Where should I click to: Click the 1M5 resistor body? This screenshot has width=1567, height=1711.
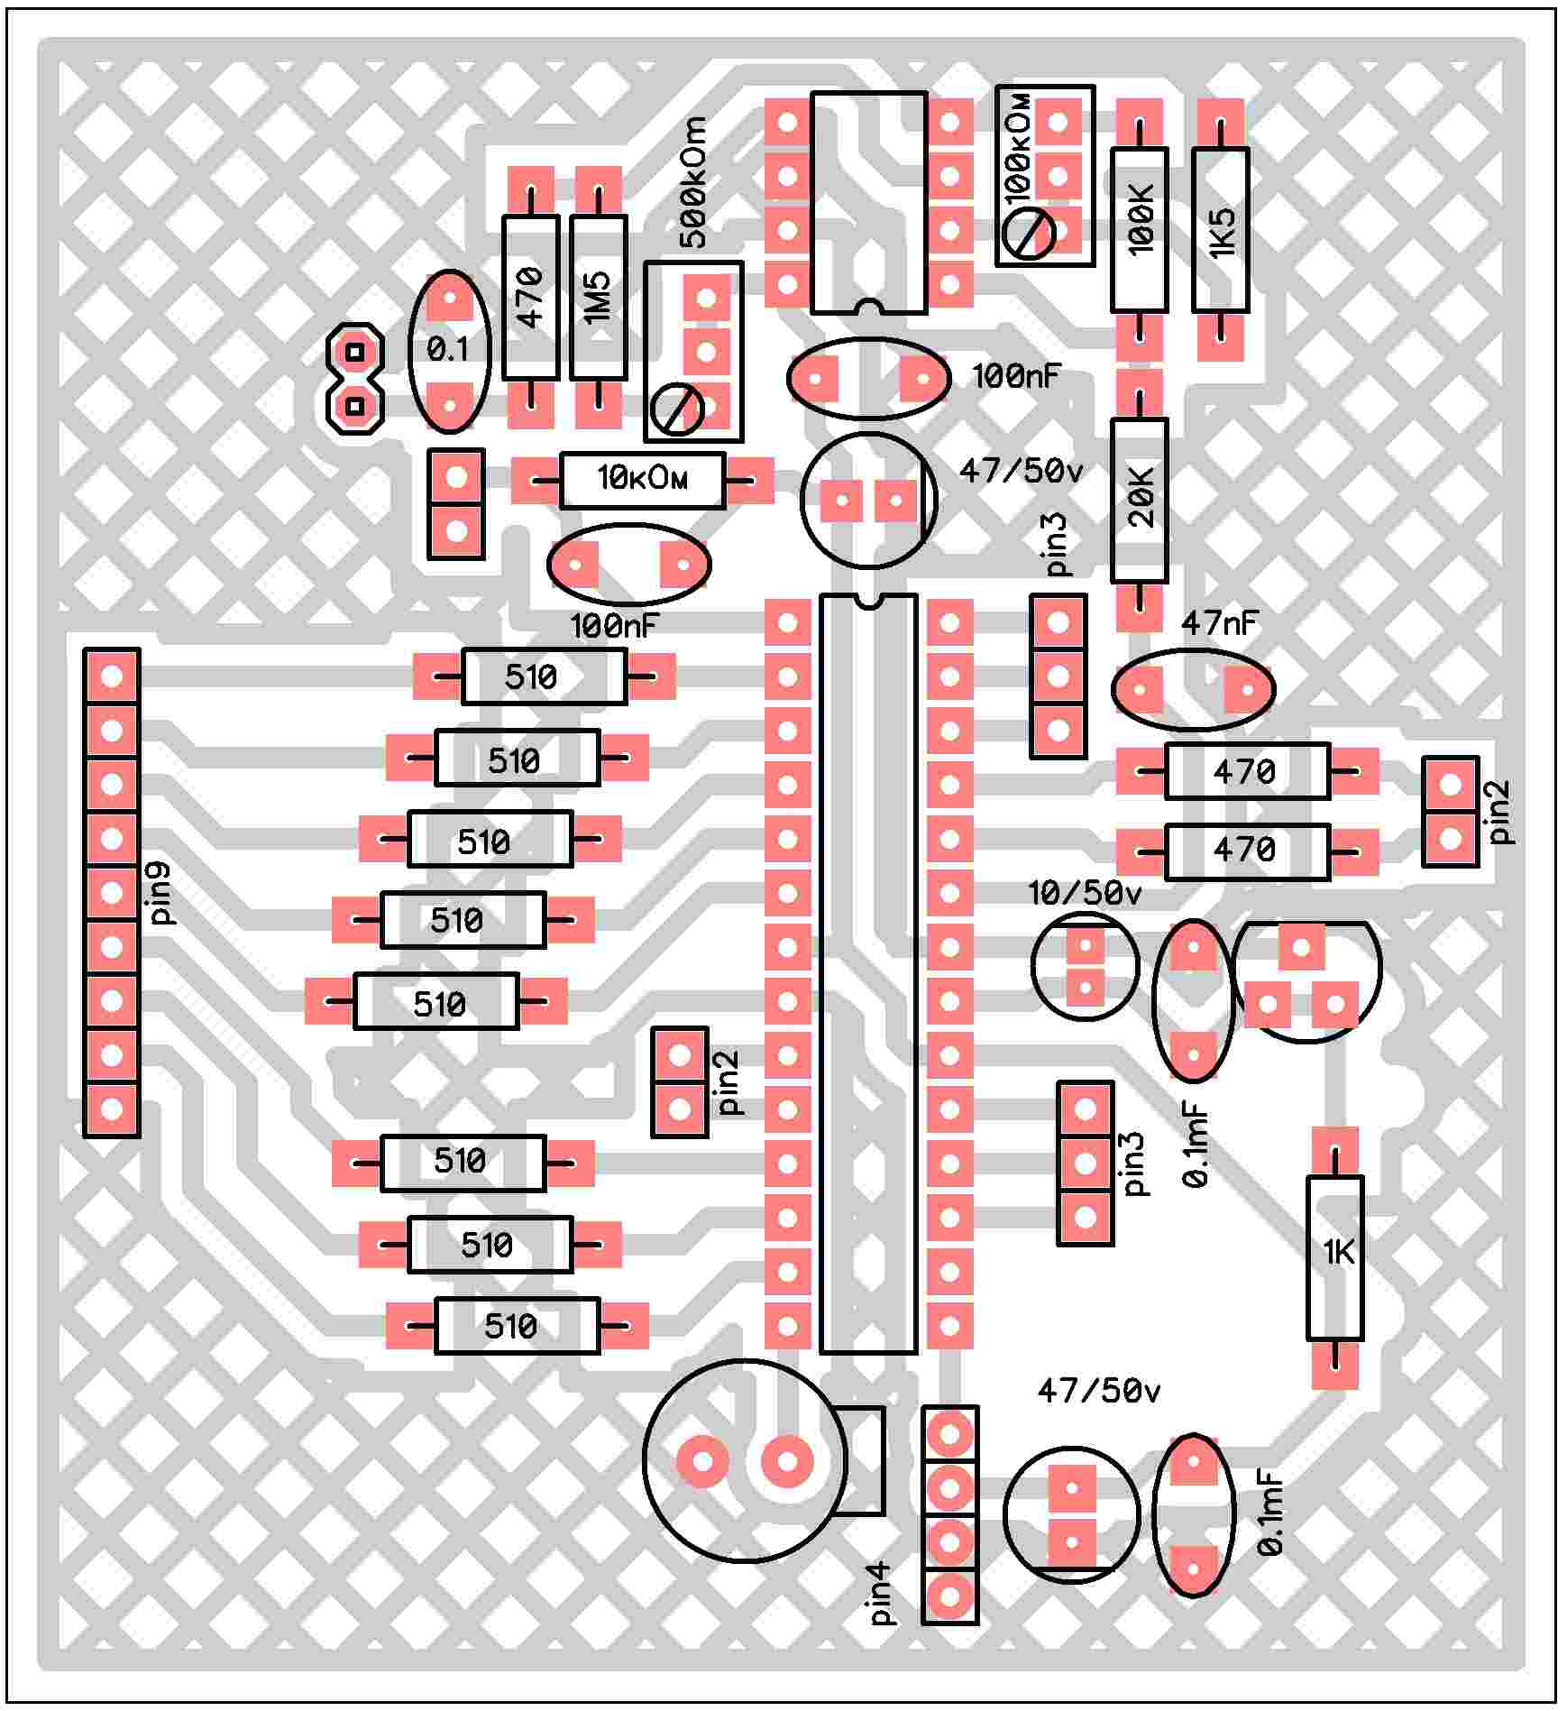[598, 298]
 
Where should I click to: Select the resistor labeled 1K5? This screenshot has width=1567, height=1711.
[1220, 230]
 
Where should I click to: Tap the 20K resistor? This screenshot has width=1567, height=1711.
[1139, 500]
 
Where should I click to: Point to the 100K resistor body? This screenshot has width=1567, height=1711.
[1139, 230]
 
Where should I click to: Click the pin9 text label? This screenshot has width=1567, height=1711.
[161, 893]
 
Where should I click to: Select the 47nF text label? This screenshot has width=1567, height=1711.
[1218, 622]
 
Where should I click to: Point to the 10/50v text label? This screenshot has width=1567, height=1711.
[1085, 894]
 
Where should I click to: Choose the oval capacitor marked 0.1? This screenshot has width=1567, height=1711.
[449, 350]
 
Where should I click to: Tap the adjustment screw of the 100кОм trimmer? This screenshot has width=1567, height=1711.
[1029, 234]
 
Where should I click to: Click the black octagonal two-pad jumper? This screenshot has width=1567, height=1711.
[355, 378]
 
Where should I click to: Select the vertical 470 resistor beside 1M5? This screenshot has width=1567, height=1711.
[530, 298]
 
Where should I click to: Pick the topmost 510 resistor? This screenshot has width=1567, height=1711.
[544, 676]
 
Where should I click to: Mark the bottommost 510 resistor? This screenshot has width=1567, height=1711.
[517, 1326]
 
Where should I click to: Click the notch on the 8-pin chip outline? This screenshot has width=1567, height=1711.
[869, 308]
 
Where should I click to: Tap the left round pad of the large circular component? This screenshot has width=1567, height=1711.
[702, 1461]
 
